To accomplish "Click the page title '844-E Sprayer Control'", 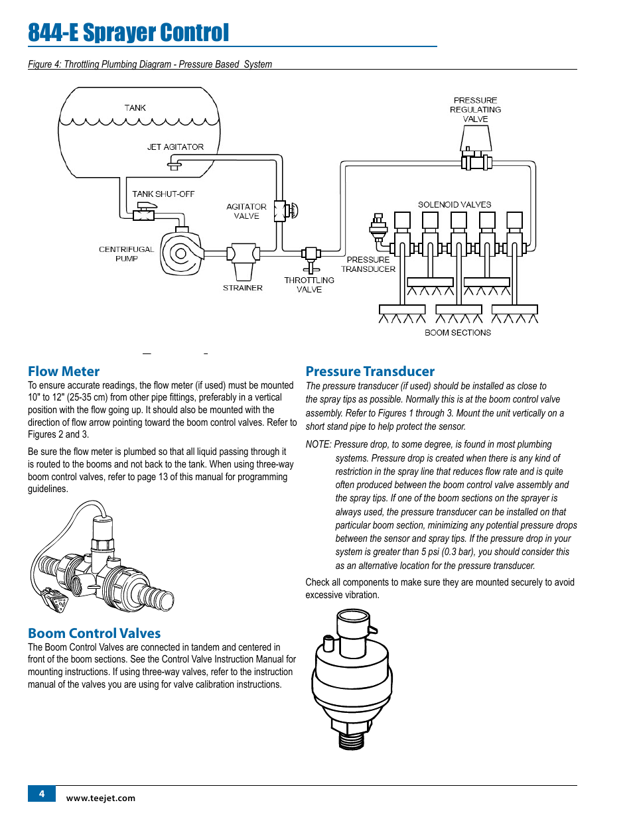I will click(128, 32).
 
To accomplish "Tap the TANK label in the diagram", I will click(135, 107).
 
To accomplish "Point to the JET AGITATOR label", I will click(175, 147).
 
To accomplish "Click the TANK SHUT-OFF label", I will click(163, 194).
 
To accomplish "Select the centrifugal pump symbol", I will click(180, 253).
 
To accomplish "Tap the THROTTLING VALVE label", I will click(309, 284).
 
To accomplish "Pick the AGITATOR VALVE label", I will click(246, 211).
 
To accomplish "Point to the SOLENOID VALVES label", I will click(455, 204).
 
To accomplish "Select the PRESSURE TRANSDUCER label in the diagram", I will click(368, 264).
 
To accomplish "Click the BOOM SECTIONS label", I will click(458, 332).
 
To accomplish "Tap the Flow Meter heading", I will click(64, 371).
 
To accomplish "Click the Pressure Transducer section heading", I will click(370, 371).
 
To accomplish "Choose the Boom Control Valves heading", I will click(94, 633).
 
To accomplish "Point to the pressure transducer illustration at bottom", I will click(352, 680).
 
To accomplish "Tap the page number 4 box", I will click(42, 794).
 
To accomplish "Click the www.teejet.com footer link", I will click(101, 798).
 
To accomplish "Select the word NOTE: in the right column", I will click(318, 444).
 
